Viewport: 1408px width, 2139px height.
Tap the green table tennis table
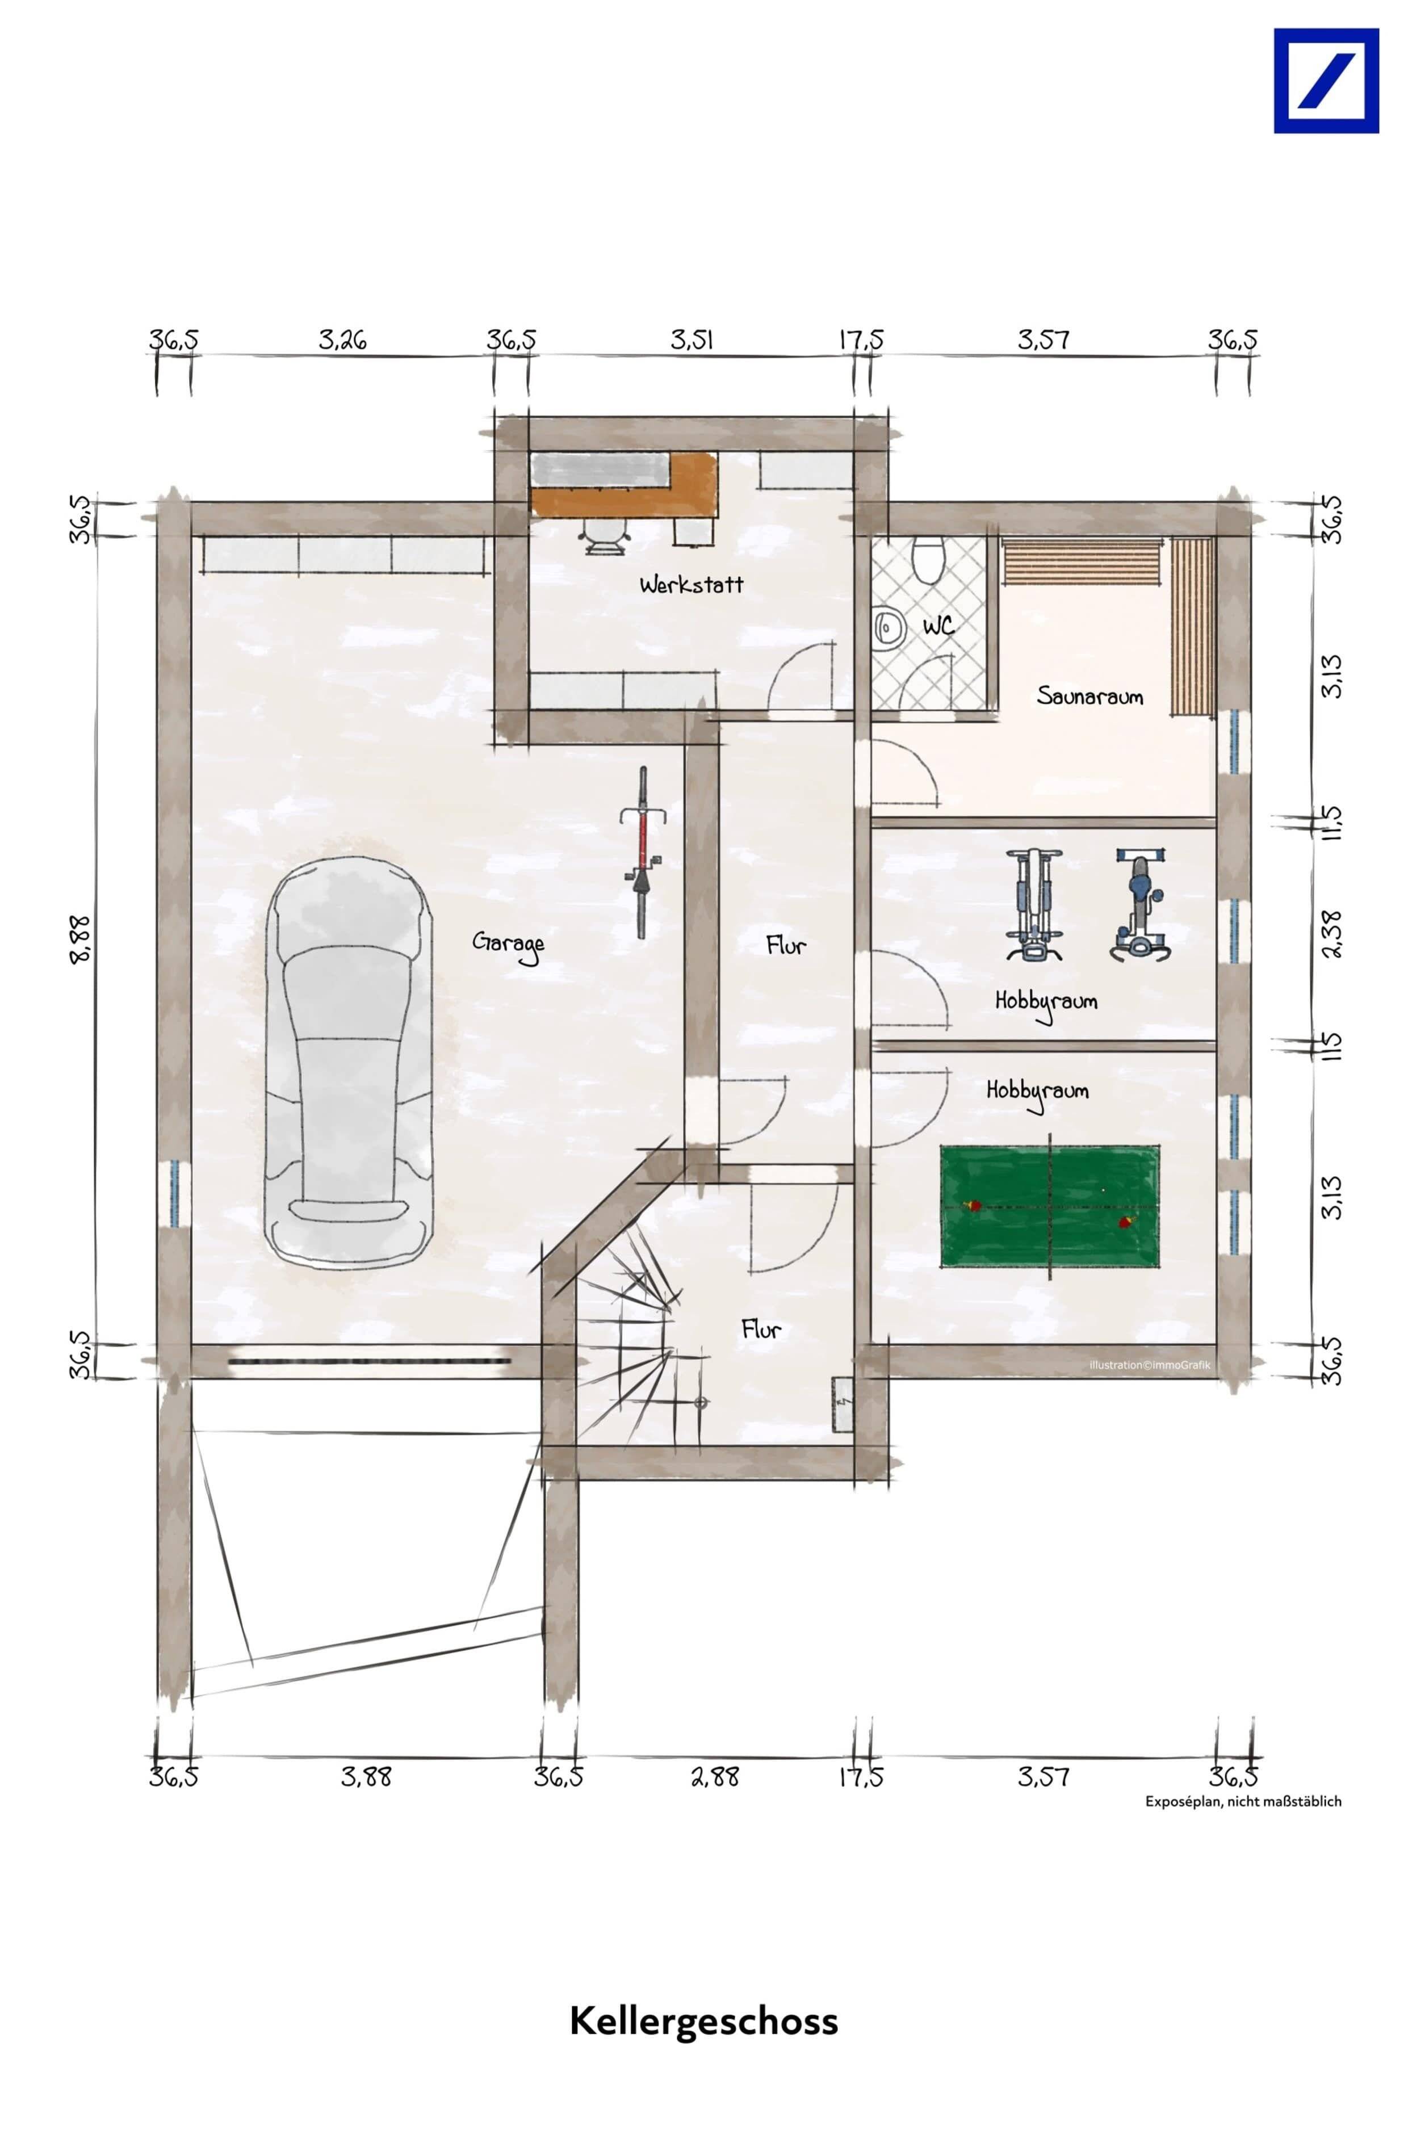[x=1049, y=1206]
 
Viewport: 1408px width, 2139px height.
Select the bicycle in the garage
[x=642, y=852]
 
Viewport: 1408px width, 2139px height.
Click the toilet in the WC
[x=926, y=557]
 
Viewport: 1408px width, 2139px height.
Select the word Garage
[x=509, y=945]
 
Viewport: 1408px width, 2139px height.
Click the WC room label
[x=938, y=624]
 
